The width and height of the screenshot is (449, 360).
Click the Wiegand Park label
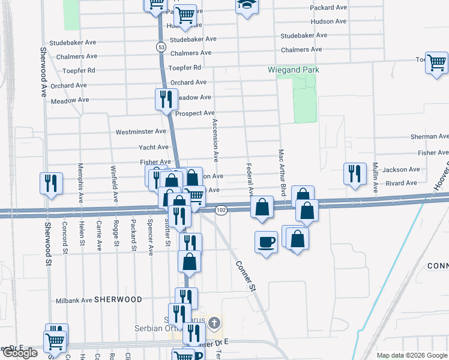click(294, 70)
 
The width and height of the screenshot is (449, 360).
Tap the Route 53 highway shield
click(160, 47)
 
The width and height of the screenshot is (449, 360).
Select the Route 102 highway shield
click(221, 209)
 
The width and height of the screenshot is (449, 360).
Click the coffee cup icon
click(266, 242)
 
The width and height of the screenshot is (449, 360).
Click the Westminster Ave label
click(140, 131)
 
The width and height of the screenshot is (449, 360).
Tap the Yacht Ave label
click(154, 147)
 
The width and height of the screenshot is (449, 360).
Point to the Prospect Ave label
click(194, 113)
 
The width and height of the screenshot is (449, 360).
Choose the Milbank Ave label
click(73, 300)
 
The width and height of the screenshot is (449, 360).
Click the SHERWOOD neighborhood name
click(118, 299)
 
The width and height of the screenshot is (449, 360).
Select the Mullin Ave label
click(375, 178)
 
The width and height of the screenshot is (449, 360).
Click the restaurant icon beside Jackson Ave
click(354, 173)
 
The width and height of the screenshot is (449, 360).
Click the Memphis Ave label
click(79, 179)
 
